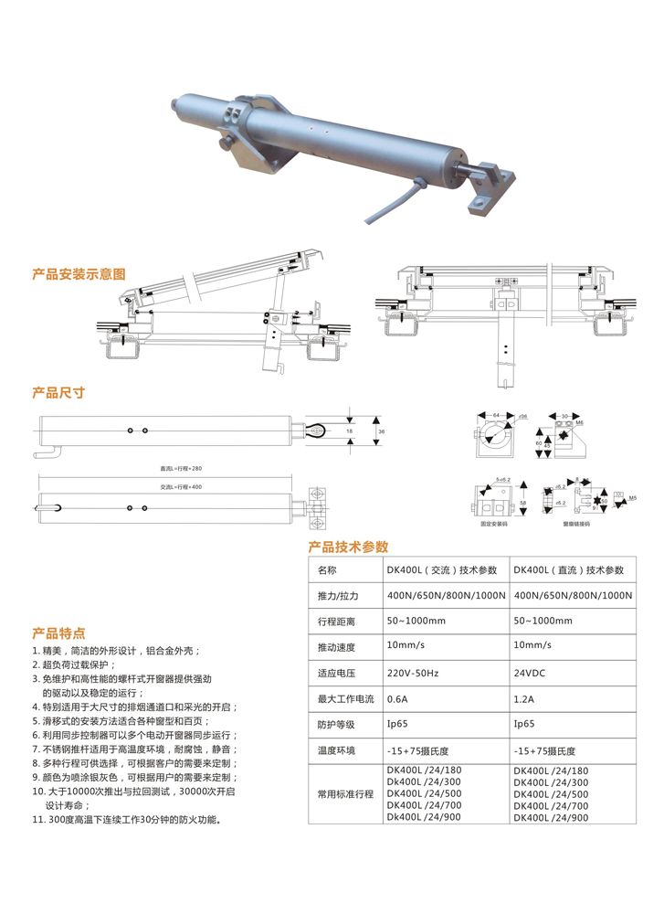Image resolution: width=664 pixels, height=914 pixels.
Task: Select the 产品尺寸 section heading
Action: (58, 392)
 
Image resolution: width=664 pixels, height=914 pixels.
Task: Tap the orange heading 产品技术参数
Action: (348, 547)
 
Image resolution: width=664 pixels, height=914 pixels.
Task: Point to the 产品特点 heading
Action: (58, 632)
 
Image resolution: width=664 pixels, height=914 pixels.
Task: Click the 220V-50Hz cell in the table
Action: (413, 674)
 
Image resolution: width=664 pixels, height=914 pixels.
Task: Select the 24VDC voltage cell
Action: (531, 674)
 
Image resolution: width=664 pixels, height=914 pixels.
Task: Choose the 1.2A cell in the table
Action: (524, 699)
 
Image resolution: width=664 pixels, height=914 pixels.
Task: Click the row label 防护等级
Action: (336, 725)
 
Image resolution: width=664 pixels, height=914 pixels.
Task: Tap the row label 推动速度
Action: (336, 647)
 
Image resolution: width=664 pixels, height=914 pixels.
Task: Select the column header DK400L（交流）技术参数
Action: (442, 570)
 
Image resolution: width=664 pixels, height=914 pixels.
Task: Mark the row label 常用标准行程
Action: (345, 794)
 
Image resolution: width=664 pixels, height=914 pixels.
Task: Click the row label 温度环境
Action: (336, 750)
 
